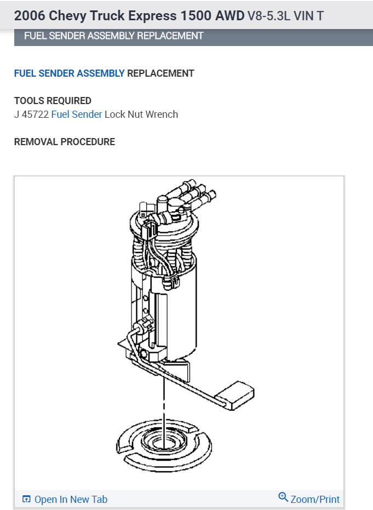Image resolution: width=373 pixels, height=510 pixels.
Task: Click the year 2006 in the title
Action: coord(29,15)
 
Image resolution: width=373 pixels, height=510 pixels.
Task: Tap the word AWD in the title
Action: coord(229,15)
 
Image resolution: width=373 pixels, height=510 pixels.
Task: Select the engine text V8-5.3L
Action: coord(268,15)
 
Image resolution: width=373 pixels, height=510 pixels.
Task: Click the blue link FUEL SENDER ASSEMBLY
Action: coord(69,73)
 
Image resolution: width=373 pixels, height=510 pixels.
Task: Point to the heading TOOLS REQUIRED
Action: coord(53,101)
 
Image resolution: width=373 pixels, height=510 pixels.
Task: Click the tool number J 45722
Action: coord(32,114)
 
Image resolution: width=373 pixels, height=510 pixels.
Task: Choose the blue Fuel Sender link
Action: coord(77,114)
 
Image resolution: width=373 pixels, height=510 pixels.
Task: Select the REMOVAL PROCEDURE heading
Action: coord(65,142)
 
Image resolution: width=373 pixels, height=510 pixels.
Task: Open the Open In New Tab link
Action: coord(71,499)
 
